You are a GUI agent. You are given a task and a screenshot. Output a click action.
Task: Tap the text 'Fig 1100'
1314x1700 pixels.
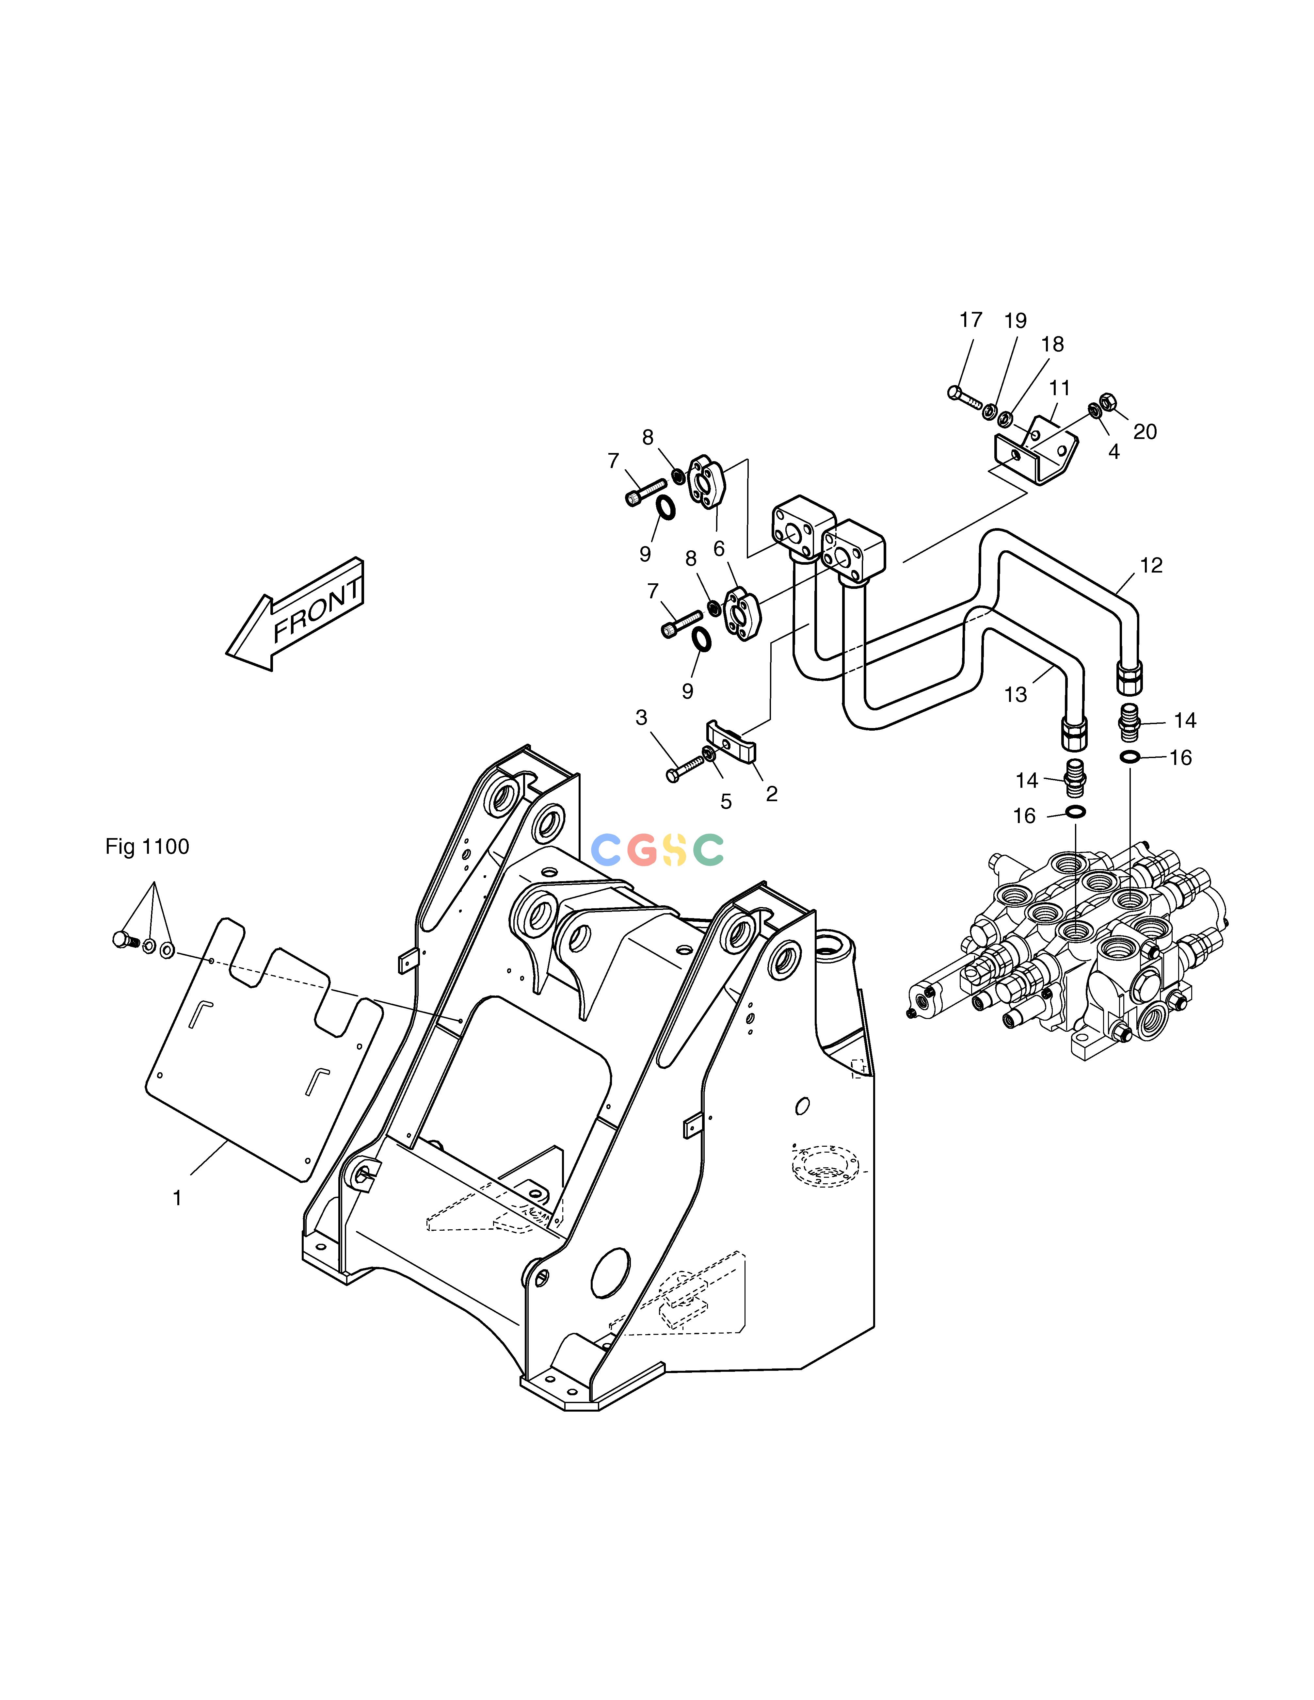tap(147, 847)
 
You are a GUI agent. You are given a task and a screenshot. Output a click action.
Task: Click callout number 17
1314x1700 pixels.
tap(971, 320)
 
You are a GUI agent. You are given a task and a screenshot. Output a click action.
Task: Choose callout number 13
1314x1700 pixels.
tap(1016, 694)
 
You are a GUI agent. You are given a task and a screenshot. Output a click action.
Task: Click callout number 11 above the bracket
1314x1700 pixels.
tap(1059, 388)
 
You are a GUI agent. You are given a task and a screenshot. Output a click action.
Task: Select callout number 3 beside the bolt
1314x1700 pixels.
tap(641, 718)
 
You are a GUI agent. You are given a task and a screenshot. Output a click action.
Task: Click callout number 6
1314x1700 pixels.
tap(719, 550)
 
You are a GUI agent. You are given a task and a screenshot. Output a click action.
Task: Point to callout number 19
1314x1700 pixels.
tap(1015, 321)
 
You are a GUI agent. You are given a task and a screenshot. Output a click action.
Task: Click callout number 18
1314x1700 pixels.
tap(1052, 344)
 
